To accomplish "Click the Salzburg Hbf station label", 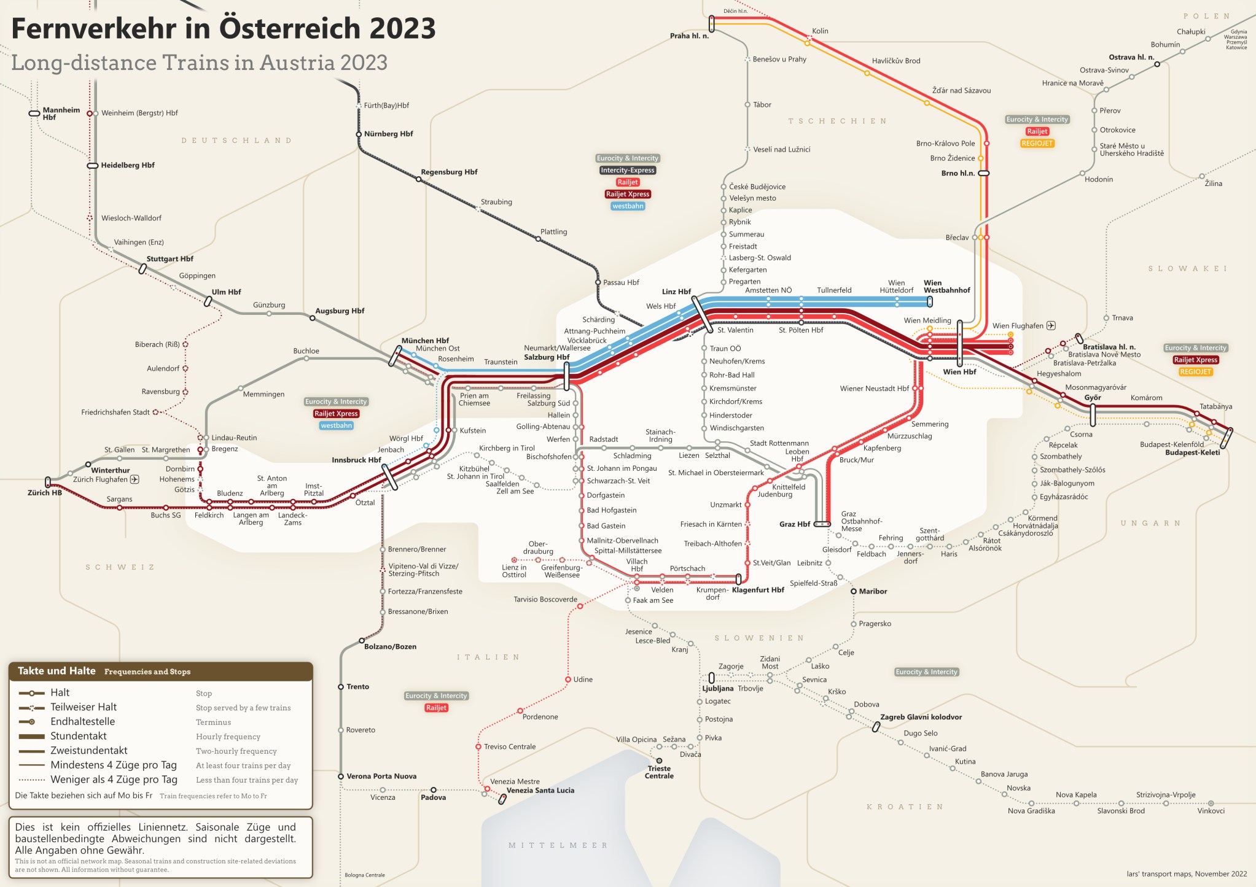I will tap(546, 357).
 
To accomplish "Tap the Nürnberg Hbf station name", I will tap(388, 134).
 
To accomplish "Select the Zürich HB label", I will tap(44, 493).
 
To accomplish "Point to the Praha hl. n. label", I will tap(688, 36).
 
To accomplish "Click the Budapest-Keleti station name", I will tap(1192, 452).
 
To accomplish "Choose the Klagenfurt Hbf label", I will tap(758, 590).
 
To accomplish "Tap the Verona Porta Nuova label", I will tap(381, 777).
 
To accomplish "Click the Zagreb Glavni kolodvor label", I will tap(921, 717).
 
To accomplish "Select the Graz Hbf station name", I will tap(794, 524).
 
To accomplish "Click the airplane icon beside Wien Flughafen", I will tap(1051, 325).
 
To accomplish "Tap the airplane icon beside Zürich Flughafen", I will tap(135, 479).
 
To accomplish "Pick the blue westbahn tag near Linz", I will tap(628, 206).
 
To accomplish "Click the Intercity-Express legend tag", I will tap(627, 170).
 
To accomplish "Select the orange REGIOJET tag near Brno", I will tap(1037, 143).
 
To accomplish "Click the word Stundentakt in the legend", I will tap(78, 736).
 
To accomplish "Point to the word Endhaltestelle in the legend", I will tap(82, 722).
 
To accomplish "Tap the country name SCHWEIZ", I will tap(120, 567).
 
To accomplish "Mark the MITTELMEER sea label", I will tap(557, 845).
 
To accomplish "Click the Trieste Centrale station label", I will tap(658, 772).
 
